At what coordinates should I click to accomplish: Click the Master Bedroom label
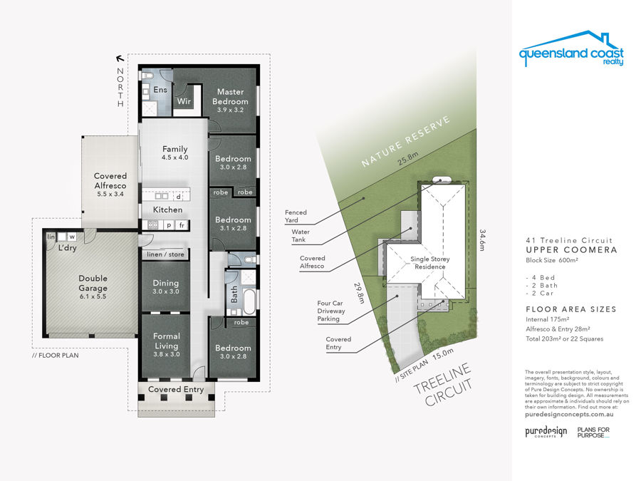[230, 96]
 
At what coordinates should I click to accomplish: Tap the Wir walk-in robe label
[184, 100]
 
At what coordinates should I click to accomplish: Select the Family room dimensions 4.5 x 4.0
[175, 157]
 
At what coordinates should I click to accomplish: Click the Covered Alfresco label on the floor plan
[110, 180]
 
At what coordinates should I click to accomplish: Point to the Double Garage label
[93, 283]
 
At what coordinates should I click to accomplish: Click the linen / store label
[165, 254]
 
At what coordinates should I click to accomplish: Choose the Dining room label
[165, 283]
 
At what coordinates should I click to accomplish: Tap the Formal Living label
[167, 341]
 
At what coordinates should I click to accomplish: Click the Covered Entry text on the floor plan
[176, 389]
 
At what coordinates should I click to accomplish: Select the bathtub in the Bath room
[249, 300]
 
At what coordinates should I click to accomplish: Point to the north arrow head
[120, 58]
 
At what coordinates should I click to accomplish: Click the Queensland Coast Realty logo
[571, 48]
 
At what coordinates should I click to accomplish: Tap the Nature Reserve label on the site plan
[405, 142]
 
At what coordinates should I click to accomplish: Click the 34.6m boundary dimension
[482, 240]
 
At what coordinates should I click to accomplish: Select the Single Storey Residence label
[430, 262]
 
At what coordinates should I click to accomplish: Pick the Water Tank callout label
[301, 236]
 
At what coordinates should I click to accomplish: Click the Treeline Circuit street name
[443, 386]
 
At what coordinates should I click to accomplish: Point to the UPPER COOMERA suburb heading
[571, 250]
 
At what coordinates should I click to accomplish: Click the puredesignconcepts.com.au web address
[569, 414]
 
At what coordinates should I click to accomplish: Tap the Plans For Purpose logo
[593, 433]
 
